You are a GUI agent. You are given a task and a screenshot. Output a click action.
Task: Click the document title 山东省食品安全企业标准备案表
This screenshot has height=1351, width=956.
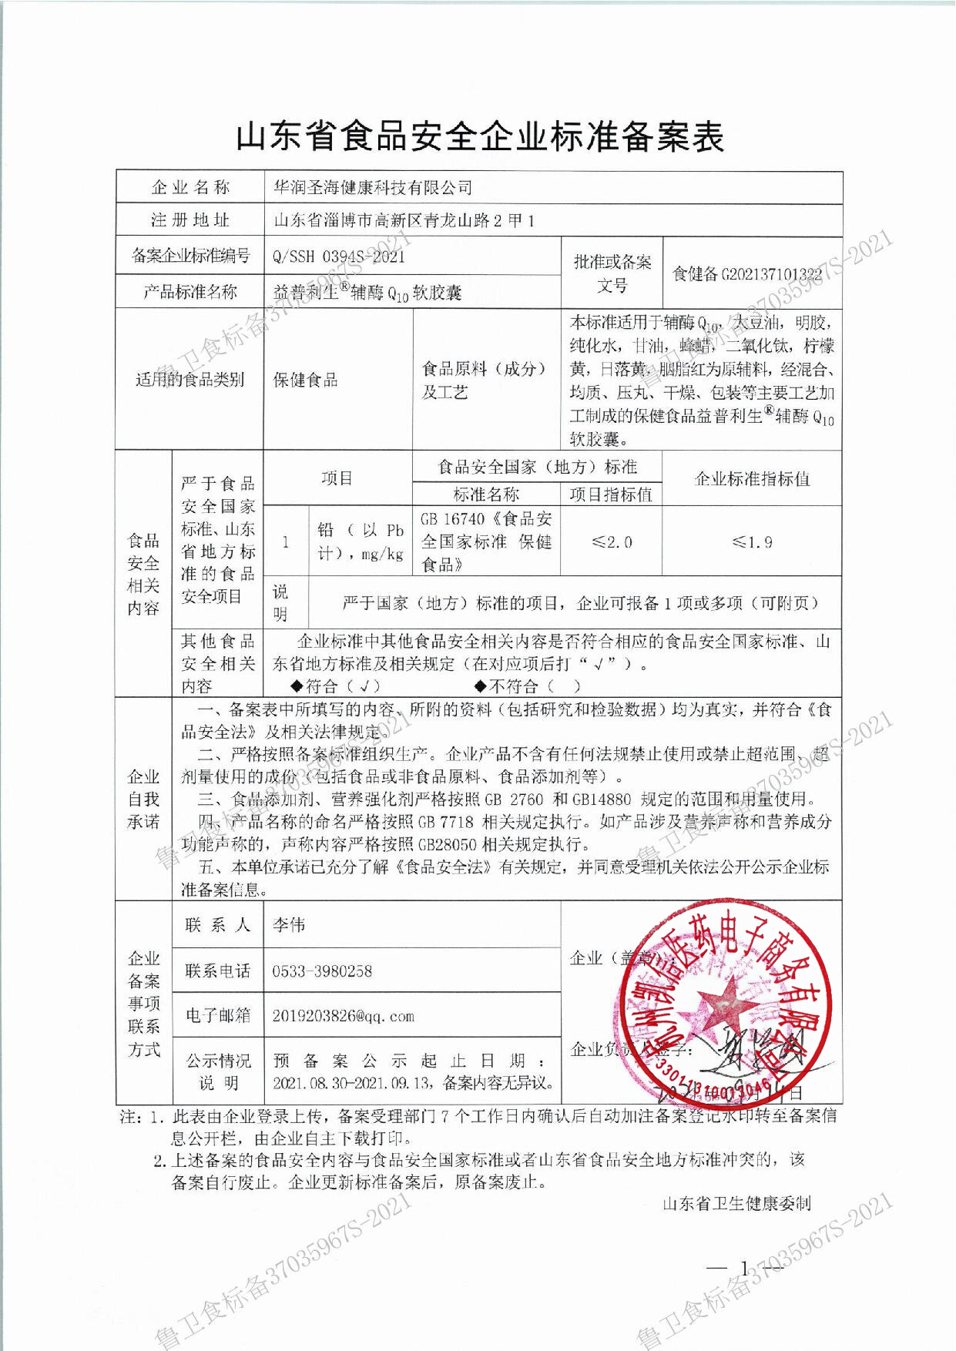click(479, 137)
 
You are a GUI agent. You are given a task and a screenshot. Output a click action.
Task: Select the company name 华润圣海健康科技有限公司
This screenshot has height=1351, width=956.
click(373, 187)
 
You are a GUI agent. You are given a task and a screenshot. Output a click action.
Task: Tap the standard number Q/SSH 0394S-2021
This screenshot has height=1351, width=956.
click(339, 256)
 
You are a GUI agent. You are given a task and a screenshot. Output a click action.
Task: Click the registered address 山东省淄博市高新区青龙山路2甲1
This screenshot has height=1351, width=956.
click(404, 221)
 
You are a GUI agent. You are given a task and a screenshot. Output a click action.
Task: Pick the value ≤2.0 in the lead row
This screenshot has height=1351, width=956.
click(612, 542)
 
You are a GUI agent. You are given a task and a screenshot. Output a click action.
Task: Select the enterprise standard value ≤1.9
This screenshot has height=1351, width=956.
click(752, 542)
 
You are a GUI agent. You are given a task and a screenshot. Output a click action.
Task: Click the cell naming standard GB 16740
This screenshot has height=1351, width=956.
click(486, 541)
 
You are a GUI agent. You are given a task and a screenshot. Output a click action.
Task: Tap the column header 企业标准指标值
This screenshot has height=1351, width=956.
click(752, 479)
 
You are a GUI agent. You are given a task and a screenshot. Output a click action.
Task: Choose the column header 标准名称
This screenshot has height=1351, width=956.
click(486, 494)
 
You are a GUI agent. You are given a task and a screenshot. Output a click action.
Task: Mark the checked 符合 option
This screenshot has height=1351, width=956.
click(336, 686)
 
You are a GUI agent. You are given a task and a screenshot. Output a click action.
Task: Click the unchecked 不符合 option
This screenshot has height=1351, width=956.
click(528, 686)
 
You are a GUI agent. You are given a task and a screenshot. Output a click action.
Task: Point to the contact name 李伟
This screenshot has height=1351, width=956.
click(289, 925)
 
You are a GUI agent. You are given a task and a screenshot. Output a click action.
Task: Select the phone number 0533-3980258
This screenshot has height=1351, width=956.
click(322, 971)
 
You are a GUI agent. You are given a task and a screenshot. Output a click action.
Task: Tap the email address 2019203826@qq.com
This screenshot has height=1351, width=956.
click(343, 1016)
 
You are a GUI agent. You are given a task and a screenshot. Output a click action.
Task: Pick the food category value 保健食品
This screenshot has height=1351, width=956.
click(306, 380)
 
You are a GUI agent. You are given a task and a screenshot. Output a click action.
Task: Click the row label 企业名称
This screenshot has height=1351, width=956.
click(190, 187)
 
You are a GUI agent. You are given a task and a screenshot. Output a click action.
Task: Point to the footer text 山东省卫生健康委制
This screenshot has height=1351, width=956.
click(736, 1203)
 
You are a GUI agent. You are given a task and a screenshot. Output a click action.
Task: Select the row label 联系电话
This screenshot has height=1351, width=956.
click(218, 971)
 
